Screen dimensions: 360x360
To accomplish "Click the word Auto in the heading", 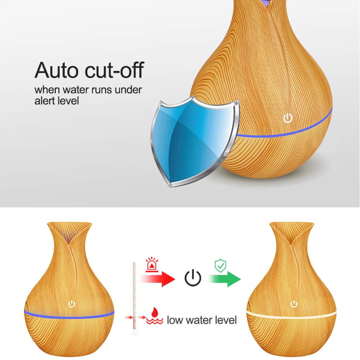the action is pos(56,70).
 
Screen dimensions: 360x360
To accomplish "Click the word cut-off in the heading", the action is pos(114,70).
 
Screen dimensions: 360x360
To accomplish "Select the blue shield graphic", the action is pos(195,141).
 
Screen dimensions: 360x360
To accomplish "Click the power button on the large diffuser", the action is pos(288,118).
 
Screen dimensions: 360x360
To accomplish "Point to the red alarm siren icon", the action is pos(152,265).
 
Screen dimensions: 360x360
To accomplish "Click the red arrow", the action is pos(158,279).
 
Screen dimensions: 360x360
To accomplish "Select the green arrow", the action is pos(224,279).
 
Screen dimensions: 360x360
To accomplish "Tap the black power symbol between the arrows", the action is pos(193,278).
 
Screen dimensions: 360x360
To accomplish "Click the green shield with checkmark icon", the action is pos(220,265).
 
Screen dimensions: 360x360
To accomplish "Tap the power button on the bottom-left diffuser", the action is pos(72,304).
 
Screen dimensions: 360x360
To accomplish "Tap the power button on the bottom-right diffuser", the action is pos(294,304).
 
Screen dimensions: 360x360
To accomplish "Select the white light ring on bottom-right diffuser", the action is pos(291,315).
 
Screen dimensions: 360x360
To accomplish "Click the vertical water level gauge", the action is pos(135,296).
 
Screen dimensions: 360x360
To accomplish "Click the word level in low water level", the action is pos(226,320).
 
